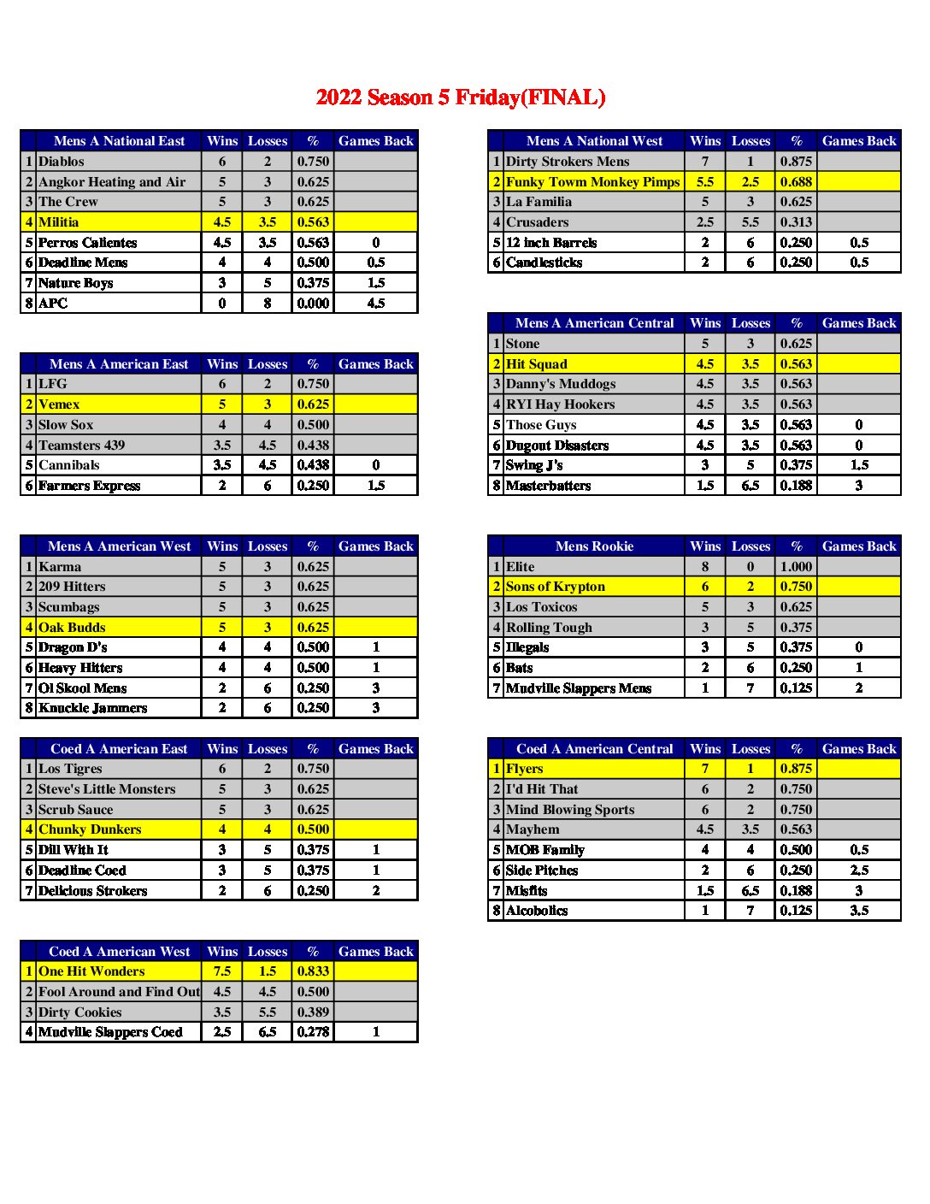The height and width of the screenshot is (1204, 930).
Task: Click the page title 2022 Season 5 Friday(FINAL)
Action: [460, 97]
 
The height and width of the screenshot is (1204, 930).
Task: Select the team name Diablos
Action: [62, 162]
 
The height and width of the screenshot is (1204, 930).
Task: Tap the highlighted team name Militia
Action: [59, 222]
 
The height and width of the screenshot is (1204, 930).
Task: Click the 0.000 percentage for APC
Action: [313, 304]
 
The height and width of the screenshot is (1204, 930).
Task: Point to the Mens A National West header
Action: [594, 141]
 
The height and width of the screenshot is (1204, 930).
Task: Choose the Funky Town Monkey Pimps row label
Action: [592, 182]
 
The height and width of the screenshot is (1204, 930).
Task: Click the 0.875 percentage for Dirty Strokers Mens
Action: [796, 162]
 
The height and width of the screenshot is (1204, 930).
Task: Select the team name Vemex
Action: [59, 404]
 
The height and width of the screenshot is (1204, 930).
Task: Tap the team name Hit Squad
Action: [537, 364]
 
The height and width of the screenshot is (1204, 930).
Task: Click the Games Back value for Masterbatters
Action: [859, 486]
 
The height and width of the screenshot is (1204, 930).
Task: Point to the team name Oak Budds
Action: [72, 628]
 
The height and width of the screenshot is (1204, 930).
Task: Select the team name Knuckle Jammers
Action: [92, 708]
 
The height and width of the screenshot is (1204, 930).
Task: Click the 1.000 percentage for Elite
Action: [796, 567]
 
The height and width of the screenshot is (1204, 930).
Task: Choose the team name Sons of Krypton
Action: [556, 587]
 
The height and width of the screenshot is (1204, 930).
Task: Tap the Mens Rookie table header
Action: [594, 546]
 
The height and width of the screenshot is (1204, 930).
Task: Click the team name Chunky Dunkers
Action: [90, 829]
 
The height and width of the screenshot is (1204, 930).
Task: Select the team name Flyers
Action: [525, 769]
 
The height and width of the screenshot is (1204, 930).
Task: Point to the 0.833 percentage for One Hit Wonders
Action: [313, 971]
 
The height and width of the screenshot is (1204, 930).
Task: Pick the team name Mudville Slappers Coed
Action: [110, 1032]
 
